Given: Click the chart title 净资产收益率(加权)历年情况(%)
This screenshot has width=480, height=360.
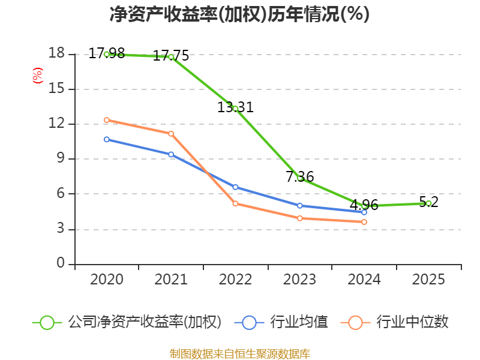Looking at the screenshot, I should pyautogui.click(x=239, y=14).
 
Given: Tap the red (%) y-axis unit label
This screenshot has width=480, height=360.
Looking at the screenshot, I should pyautogui.click(x=37, y=76).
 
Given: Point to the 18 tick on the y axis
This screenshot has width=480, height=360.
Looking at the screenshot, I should pyautogui.click(x=56, y=53).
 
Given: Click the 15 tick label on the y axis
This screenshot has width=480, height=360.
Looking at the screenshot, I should pyautogui.click(x=56, y=89).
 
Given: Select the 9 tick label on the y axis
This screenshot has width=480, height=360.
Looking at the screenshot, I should pyautogui.click(x=60, y=159).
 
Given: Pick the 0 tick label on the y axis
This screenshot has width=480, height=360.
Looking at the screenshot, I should pyautogui.click(x=60, y=264).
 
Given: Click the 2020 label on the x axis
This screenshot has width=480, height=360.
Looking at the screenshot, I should pyautogui.click(x=107, y=280).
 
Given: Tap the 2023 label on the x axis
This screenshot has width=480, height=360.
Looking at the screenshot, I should pyautogui.click(x=300, y=280).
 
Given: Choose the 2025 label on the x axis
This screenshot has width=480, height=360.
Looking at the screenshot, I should pyautogui.click(x=428, y=280).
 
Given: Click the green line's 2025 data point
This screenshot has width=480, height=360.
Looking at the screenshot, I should pyautogui.click(x=428, y=203).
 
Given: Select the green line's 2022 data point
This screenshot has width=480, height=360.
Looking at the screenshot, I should pyautogui.click(x=235, y=109).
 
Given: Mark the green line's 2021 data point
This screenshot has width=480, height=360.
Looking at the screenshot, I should pyautogui.click(x=171, y=57).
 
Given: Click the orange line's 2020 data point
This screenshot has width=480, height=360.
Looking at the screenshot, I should pyautogui.click(x=107, y=120).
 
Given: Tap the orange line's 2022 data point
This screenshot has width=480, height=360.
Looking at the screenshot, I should pyautogui.click(x=235, y=204).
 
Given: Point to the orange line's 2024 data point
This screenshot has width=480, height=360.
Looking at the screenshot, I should pyautogui.click(x=364, y=222).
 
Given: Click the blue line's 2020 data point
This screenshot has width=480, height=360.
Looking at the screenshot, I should pyautogui.click(x=107, y=139).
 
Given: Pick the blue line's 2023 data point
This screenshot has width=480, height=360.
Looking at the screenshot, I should pyautogui.click(x=300, y=206).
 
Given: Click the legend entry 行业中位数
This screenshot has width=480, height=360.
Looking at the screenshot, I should pyautogui.click(x=395, y=322).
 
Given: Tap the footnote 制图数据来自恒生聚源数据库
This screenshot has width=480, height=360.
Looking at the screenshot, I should pyautogui.click(x=239, y=353).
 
